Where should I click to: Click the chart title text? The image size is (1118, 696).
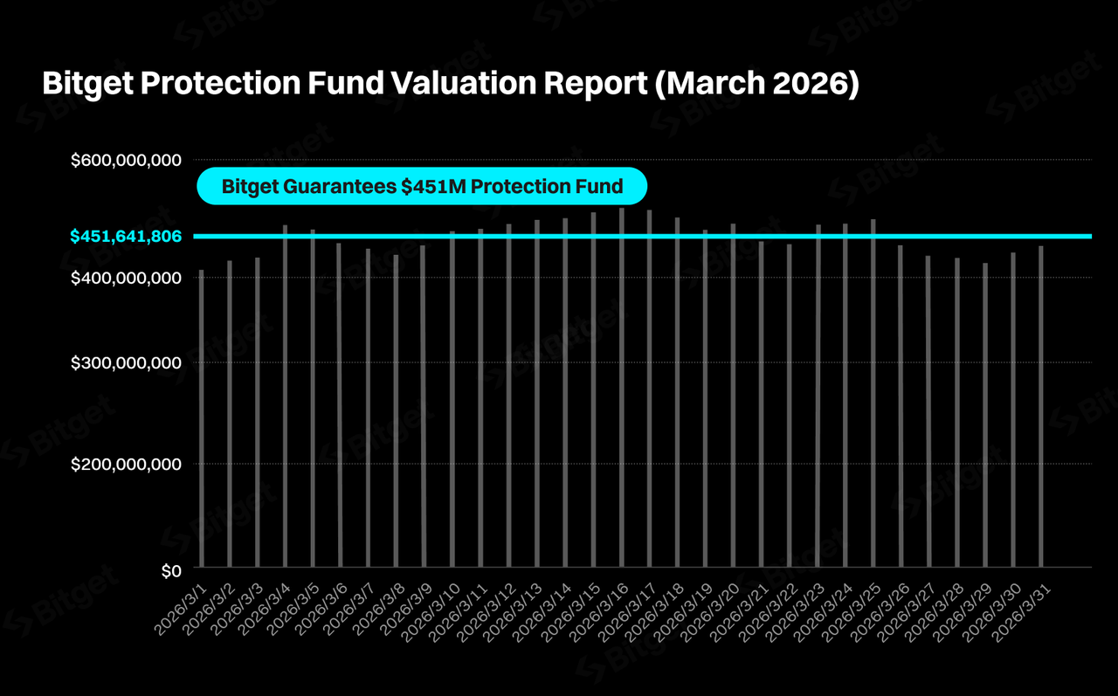point(451,84)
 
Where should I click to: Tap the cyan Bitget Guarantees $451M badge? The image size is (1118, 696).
point(422,186)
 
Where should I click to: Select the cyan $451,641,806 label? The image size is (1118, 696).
point(126,236)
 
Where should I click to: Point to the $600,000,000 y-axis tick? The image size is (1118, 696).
point(126,161)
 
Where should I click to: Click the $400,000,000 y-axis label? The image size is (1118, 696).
point(126,278)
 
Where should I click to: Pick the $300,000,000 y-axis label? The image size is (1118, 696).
point(126,362)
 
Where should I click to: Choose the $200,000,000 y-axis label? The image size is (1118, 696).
point(126,464)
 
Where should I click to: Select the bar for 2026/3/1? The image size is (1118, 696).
point(202,419)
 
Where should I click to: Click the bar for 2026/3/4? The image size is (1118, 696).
point(286,397)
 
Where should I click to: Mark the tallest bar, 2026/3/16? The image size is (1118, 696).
point(621,389)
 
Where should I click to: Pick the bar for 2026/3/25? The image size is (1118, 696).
point(873,394)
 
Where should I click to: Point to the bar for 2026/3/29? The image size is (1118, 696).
point(985,416)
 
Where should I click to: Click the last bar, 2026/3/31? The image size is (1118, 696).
point(1041,407)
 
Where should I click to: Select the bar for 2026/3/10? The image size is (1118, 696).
point(452,400)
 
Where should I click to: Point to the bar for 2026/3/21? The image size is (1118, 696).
point(761,405)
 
